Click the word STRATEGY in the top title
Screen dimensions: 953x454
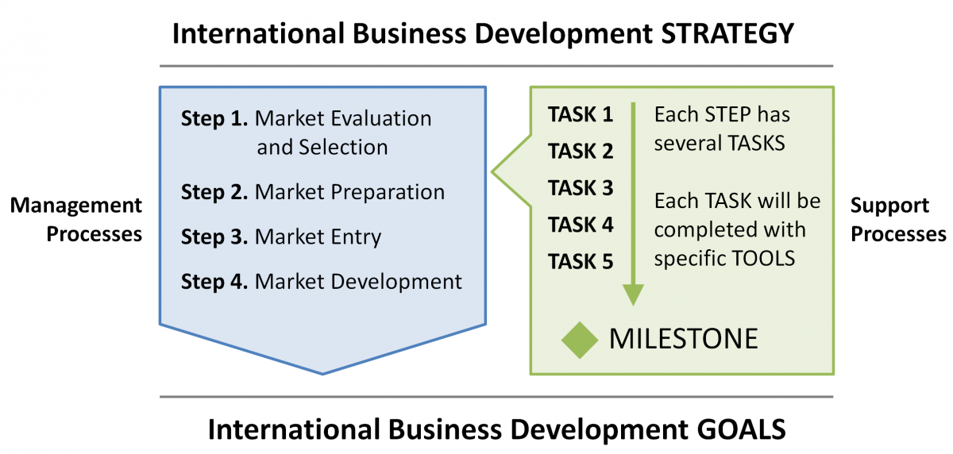pos(727,33)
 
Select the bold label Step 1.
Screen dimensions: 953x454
pos(214,118)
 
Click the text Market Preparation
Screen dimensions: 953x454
pos(349,192)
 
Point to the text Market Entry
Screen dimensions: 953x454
pos(318,237)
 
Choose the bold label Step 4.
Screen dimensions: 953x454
pos(214,282)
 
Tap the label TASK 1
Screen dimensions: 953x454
pos(581,114)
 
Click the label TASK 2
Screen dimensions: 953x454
pos(581,151)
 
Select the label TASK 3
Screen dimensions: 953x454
pos(581,188)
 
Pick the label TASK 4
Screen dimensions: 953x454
pos(581,225)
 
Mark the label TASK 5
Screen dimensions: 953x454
pos(581,261)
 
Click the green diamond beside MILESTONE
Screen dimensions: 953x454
pos(580,340)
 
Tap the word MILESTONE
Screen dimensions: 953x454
pos(684,339)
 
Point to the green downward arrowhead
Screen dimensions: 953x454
pos(633,295)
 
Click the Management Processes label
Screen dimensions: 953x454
pos(76,219)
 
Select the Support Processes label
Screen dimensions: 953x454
pos(898,219)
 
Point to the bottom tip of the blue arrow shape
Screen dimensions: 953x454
pos(322,375)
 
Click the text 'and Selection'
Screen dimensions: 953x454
pos(322,148)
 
